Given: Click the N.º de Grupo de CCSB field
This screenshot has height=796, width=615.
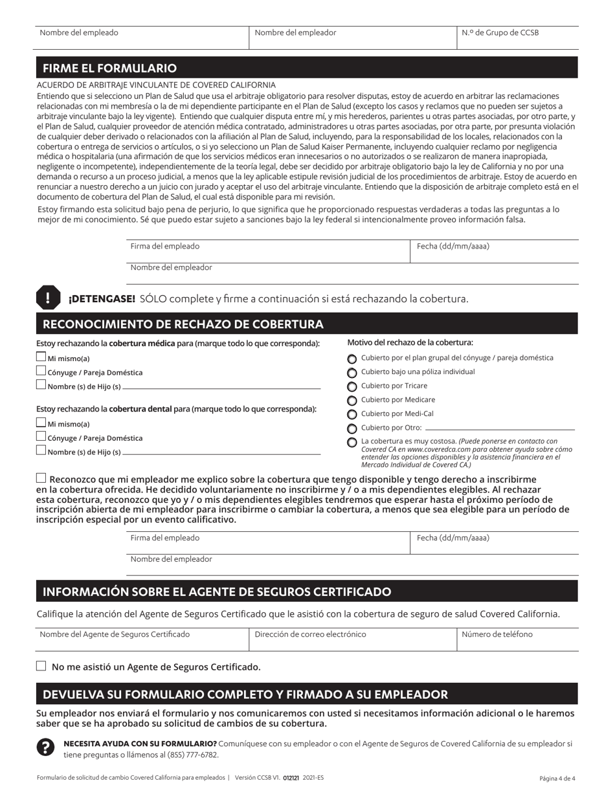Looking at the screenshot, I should click(x=518, y=39).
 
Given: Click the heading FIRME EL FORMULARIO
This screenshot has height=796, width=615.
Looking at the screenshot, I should click(x=109, y=69).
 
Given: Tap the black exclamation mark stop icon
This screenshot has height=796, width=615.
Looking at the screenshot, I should click(x=47, y=298).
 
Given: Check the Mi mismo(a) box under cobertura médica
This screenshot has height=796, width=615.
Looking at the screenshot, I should click(x=41, y=357).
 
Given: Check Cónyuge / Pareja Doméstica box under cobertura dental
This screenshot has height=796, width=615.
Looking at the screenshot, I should click(x=41, y=437).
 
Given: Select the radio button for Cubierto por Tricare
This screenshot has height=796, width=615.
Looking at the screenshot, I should click(x=352, y=386).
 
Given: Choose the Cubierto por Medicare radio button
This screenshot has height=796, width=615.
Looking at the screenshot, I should click(x=352, y=401).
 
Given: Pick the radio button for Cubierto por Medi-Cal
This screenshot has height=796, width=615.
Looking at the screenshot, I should click(x=352, y=415).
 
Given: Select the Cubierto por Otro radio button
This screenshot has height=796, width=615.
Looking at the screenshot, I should click(x=352, y=428).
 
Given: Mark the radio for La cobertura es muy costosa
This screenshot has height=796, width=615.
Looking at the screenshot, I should click(x=352, y=443).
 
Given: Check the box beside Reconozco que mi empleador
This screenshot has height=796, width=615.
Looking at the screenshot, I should click(x=41, y=478).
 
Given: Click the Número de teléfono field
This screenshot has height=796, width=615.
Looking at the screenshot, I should click(x=518, y=641).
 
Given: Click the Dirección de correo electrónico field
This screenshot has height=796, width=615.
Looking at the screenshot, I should click(x=353, y=641).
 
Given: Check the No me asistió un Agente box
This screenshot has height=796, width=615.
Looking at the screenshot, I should click(x=41, y=666).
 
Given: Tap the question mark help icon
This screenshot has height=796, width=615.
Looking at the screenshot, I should click(x=46, y=748).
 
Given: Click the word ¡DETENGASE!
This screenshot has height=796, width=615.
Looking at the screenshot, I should click(x=102, y=299).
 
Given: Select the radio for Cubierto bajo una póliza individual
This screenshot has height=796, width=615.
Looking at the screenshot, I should click(x=352, y=373).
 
